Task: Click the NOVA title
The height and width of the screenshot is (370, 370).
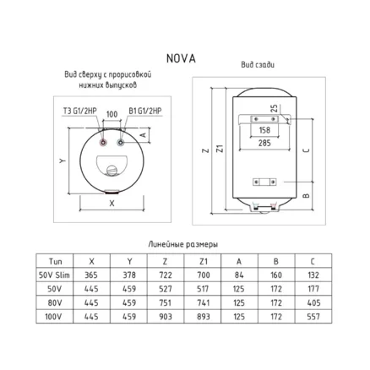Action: click(181, 58)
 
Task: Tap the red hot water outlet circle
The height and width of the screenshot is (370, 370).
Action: click(104, 143)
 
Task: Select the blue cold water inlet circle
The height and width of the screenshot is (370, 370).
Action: click(121, 143)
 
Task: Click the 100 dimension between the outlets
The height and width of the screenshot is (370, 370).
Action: click(112, 114)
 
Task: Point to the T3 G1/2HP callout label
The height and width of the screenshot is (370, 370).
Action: click(79, 111)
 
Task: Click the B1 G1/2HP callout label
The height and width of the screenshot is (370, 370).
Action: click(145, 111)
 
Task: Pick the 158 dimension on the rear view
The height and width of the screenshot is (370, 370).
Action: click(264, 130)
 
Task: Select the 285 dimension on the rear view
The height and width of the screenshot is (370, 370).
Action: click(264, 143)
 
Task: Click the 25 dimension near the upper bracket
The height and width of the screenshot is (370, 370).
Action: click(274, 108)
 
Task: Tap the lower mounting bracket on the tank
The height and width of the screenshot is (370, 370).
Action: click(264, 182)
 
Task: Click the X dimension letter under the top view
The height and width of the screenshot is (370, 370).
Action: click(112, 204)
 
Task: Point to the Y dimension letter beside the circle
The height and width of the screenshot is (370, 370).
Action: click(63, 161)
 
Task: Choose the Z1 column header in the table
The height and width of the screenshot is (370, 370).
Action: click(203, 262)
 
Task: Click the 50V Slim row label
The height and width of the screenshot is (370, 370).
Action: click(54, 275)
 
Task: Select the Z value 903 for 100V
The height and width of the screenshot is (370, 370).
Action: click(166, 317)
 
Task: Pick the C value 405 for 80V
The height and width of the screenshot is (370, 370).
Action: click(313, 303)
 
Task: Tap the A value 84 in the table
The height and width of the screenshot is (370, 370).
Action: click(239, 275)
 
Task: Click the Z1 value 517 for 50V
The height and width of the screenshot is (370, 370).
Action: click(203, 289)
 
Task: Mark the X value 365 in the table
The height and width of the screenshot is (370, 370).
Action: click(91, 275)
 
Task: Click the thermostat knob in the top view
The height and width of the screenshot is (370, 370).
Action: click(112, 170)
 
